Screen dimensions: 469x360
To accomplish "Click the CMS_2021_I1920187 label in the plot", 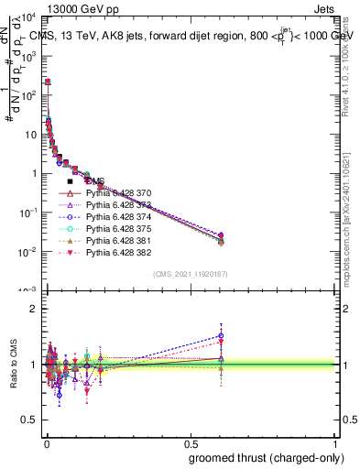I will pyautogui.click(x=191, y=274).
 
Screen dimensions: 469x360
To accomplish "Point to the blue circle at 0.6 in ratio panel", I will pyautogui.click(x=220, y=335).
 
